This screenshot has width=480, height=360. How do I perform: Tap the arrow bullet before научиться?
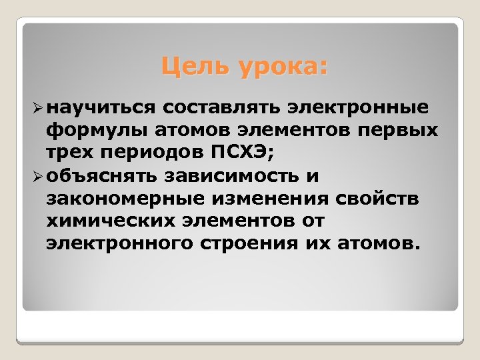(37, 107)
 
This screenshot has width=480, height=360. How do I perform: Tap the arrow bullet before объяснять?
(37, 177)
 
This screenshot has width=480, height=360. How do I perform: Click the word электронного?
(119, 244)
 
